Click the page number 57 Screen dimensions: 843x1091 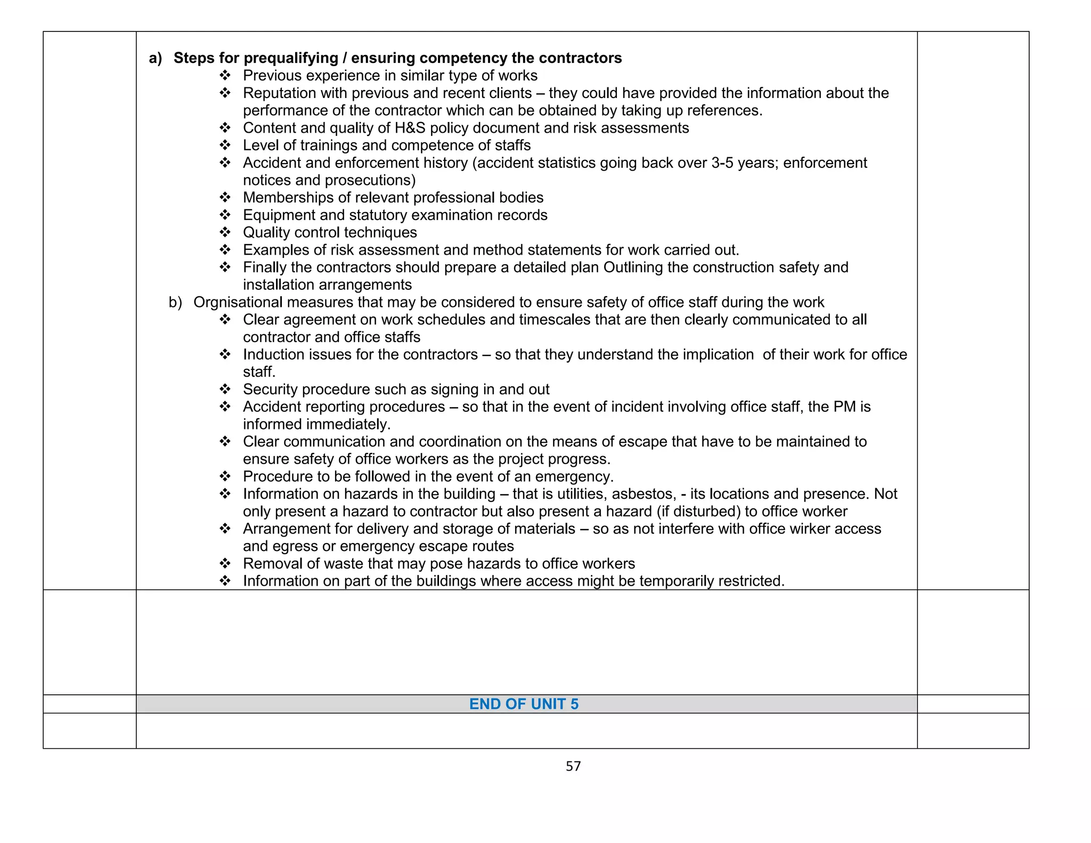tap(573, 766)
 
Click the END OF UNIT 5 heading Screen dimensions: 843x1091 tap(524, 704)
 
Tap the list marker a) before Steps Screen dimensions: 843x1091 tap(156, 58)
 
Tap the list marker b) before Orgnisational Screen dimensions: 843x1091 tap(175, 302)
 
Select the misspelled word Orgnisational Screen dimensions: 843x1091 tap(238, 302)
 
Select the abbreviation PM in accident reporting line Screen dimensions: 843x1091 tap(844, 407)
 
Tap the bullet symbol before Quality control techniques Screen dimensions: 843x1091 tap(225, 232)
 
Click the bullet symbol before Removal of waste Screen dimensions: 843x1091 tap(225, 563)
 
